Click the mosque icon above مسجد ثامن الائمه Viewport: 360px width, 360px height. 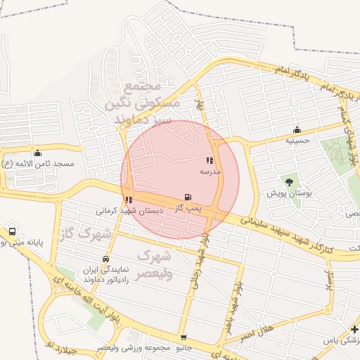[x=37, y=153]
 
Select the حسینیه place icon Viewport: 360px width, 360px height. [x=297, y=129]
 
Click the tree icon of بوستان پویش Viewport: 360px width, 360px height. [x=289, y=182]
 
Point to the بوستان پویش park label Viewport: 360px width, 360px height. [x=289, y=193]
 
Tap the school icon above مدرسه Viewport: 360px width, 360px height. [x=210, y=161]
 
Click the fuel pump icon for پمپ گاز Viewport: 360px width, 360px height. [x=188, y=198]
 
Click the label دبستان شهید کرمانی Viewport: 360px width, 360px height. [x=129, y=210]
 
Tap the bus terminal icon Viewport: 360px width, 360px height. [x=12, y=231]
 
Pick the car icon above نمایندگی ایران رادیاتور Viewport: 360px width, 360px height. [x=105, y=259]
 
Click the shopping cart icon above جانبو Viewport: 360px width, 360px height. [x=184, y=337]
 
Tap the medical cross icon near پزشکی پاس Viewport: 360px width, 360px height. [x=354, y=329]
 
